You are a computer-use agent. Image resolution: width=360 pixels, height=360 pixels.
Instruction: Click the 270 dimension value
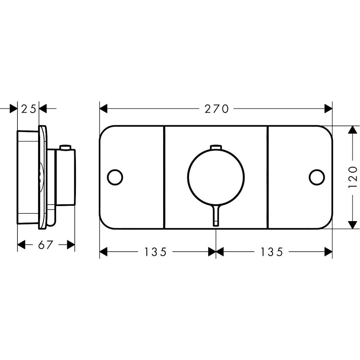(216, 109)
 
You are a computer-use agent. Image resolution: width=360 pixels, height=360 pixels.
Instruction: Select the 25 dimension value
(28, 109)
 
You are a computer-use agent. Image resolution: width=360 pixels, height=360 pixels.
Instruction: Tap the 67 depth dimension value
(45, 245)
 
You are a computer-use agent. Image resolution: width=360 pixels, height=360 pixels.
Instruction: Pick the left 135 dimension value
(155, 252)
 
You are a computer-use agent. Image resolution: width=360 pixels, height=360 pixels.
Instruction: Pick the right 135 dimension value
(271, 252)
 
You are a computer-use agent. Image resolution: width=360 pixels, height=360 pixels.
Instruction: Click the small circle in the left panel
(115, 177)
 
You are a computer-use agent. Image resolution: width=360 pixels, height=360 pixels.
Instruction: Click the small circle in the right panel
(317, 177)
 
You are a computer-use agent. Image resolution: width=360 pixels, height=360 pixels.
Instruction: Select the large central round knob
(216, 177)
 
